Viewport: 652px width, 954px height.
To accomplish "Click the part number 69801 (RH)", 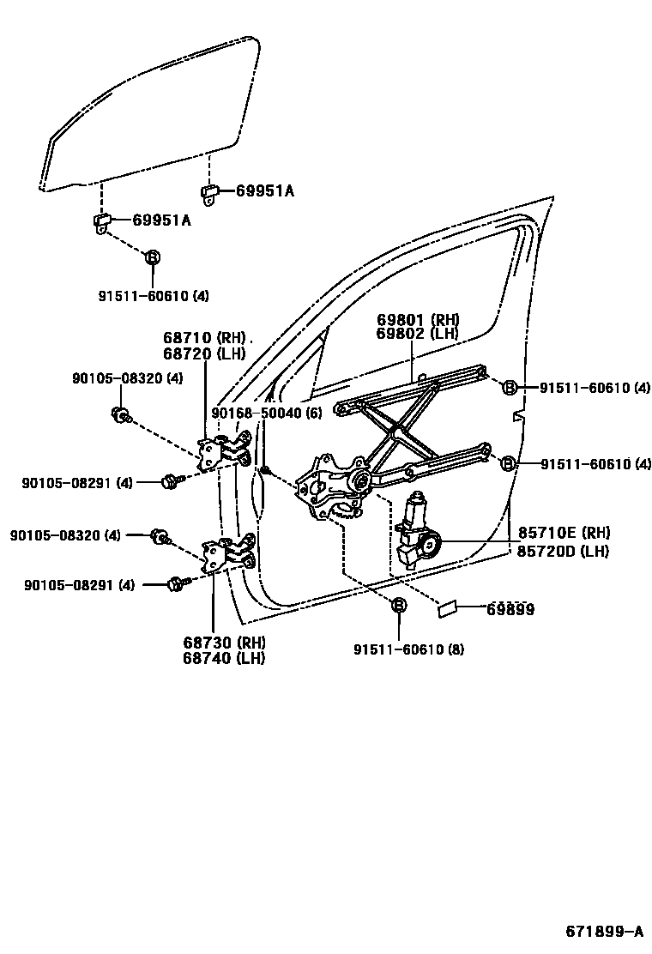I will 418,320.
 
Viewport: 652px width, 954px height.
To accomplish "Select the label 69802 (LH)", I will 418,334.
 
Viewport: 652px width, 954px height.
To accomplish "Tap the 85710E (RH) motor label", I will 563,534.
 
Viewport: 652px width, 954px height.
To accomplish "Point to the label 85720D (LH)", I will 563,551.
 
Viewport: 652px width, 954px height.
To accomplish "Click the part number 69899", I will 510,610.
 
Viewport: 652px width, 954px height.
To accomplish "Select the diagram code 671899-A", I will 603,932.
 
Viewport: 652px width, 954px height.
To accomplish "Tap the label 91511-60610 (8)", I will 408,649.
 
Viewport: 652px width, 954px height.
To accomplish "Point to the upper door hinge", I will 225,452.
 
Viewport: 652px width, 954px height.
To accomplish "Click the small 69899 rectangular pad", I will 448,610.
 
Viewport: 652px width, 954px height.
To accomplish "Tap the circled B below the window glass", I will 152,257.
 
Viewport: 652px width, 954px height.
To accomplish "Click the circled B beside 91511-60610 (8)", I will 398,606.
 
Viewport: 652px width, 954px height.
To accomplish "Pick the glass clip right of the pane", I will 209,192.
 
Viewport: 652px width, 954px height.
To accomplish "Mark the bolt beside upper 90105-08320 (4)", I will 120,415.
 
